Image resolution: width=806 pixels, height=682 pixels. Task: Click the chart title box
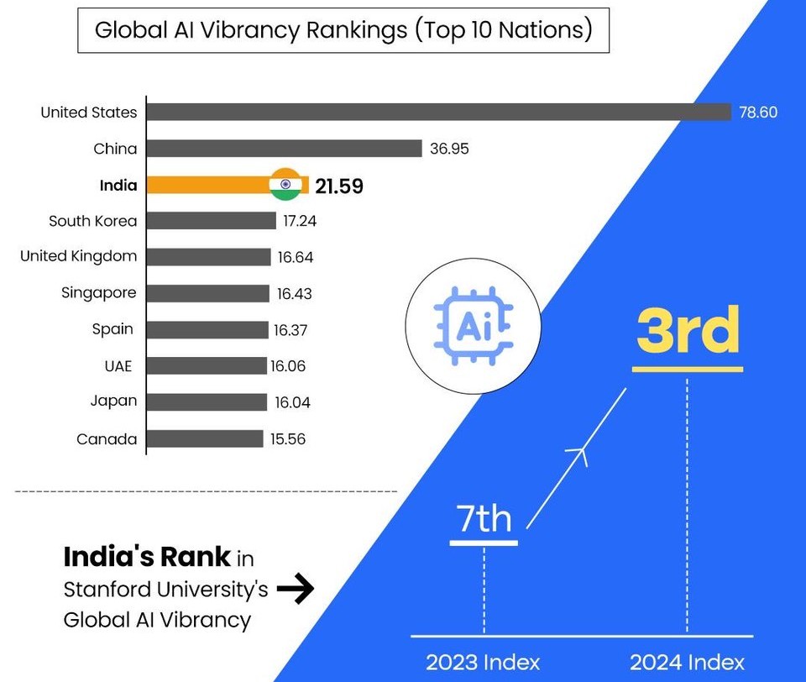tap(343, 31)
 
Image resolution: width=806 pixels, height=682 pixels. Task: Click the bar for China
tap(285, 149)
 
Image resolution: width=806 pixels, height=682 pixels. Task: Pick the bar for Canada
tap(205, 438)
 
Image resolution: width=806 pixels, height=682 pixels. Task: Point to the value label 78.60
tap(758, 112)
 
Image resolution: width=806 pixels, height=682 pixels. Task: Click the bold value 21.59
tap(339, 186)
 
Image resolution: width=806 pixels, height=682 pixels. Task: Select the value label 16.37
tap(290, 330)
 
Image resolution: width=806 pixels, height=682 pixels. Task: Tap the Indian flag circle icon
tap(285, 185)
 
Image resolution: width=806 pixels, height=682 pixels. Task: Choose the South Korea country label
tap(92, 221)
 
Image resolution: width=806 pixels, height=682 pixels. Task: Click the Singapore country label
tap(98, 293)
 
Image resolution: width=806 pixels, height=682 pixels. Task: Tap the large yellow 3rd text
tap(688, 331)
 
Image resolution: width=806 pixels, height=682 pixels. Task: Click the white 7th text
tap(484, 518)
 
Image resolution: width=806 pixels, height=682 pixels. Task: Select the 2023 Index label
tap(483, 662)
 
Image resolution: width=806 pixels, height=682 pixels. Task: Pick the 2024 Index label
tap(688, 662)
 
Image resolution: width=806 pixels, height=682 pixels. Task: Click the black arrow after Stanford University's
tap(296, 590)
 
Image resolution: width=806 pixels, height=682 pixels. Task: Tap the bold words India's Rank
tap(147, 556)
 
